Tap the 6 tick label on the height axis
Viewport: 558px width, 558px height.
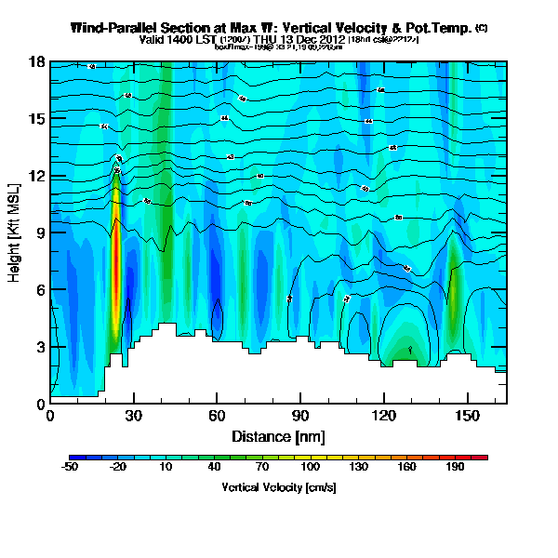[x=41, y=290]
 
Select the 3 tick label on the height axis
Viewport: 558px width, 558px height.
[x=41, y=347]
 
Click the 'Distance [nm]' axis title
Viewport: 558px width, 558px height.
[x=278, y=435]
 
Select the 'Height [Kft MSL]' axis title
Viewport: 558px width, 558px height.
[x=16, y=232]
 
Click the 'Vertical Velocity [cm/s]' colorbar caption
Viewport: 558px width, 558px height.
[x=278, y=486]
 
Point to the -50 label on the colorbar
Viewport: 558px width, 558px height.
[x=69, y=467]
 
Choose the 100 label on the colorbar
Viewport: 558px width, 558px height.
[x=311, y=467]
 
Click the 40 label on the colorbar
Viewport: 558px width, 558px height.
[x=214, y=467]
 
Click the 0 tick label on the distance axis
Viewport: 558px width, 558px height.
[x=50, y=416]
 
